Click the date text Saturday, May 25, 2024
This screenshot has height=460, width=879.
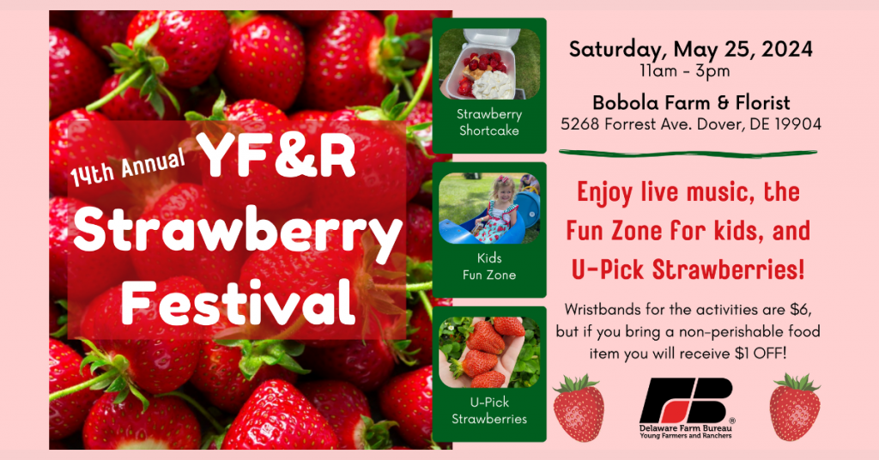(691, 50)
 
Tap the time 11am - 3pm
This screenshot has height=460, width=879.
(684, 71)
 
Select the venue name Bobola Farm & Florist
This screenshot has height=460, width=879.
(691, 102)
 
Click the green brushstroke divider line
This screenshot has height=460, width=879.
(688, 153)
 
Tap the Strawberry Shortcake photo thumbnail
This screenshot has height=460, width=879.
(489, 64)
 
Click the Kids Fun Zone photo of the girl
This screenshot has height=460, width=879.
(489, 208)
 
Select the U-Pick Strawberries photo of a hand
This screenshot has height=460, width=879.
(489, 353)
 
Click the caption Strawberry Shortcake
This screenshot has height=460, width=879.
(489, 122)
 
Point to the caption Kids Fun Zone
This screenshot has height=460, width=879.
(489, 266)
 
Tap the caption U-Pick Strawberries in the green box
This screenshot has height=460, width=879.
(489, 410)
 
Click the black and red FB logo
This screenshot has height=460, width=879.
(686, 400)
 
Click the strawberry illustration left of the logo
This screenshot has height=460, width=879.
(579, 408)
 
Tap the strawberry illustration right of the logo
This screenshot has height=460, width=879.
(795, 408)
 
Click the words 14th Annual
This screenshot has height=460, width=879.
(128, 167)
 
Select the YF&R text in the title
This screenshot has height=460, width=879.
(278, 155)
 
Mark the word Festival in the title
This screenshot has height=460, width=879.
(239, 302)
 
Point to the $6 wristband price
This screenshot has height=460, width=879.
(801, 309)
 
